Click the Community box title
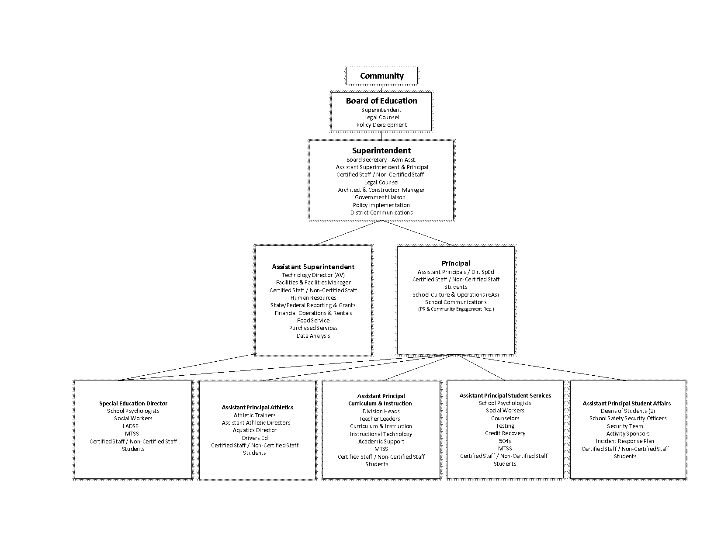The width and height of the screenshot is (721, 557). [x=381, y=76]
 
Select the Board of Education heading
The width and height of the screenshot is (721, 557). [x=381, y=101]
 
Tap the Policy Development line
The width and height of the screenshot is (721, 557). [x=381, y=125]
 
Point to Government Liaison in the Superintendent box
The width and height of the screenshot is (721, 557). [x=380, y=197]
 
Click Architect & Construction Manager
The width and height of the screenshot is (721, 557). [x=381, y=190]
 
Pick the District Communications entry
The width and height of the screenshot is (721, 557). [x=381, y=213]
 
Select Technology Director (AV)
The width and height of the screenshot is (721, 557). [x=313, y=275]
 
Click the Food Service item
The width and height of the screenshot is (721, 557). [x=313, y=321]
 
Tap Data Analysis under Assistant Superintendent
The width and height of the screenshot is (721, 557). [x=313, y=336]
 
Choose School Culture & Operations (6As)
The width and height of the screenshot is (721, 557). [x=456, y=295]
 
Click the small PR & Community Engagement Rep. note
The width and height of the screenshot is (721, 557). [x=456, y=309]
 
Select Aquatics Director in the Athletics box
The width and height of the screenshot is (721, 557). [x=255, y=430]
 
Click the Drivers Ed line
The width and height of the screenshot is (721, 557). [x=255, y=438]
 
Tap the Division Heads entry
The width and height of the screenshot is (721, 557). [x=381, y=412]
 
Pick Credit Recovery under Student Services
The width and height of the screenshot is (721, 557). [x=505, y=433]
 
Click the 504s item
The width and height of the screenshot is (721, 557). [x=505, y=441]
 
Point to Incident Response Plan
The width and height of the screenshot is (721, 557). [x=625, y=441]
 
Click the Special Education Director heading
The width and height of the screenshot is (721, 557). [x=133, y=404]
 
